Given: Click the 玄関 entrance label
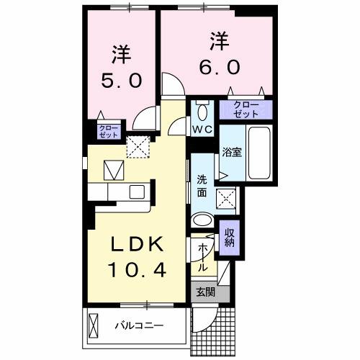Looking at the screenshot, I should click(205, 292).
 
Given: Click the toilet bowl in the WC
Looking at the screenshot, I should click(202, 110).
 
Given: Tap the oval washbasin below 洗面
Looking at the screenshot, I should click(203, 221).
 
